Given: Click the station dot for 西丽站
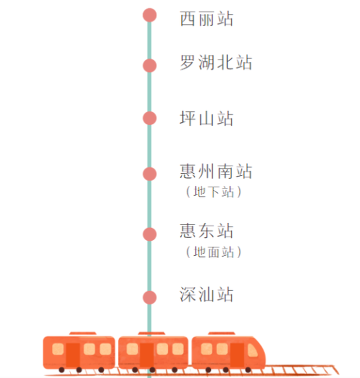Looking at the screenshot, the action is (149, 15).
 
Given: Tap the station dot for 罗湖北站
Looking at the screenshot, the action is (149, 65).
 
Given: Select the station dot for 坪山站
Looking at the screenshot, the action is (149, 118).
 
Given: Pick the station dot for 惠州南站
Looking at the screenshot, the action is (149, 174).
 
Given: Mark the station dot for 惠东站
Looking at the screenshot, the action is (149, 234).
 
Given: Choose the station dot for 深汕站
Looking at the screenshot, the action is (149, 297).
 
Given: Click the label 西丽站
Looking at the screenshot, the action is (206, 19).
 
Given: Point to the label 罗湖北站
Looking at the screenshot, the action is (216, 62).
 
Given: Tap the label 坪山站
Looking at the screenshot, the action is (206, 118).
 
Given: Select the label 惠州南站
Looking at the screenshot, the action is (216, 171).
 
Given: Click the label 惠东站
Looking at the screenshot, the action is (206, 231).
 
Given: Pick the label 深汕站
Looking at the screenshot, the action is (206, 294).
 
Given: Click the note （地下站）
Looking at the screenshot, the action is (213, 192).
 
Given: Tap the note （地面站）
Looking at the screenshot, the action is (213, 252).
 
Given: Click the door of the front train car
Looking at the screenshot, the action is (237, 355).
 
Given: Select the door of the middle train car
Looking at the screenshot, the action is (147, 356).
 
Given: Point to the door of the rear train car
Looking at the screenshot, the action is (73, 356).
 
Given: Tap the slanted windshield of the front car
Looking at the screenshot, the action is (252, 350).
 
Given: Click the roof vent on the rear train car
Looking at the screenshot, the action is (82, 334).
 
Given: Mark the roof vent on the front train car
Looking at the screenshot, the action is (221, 334).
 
